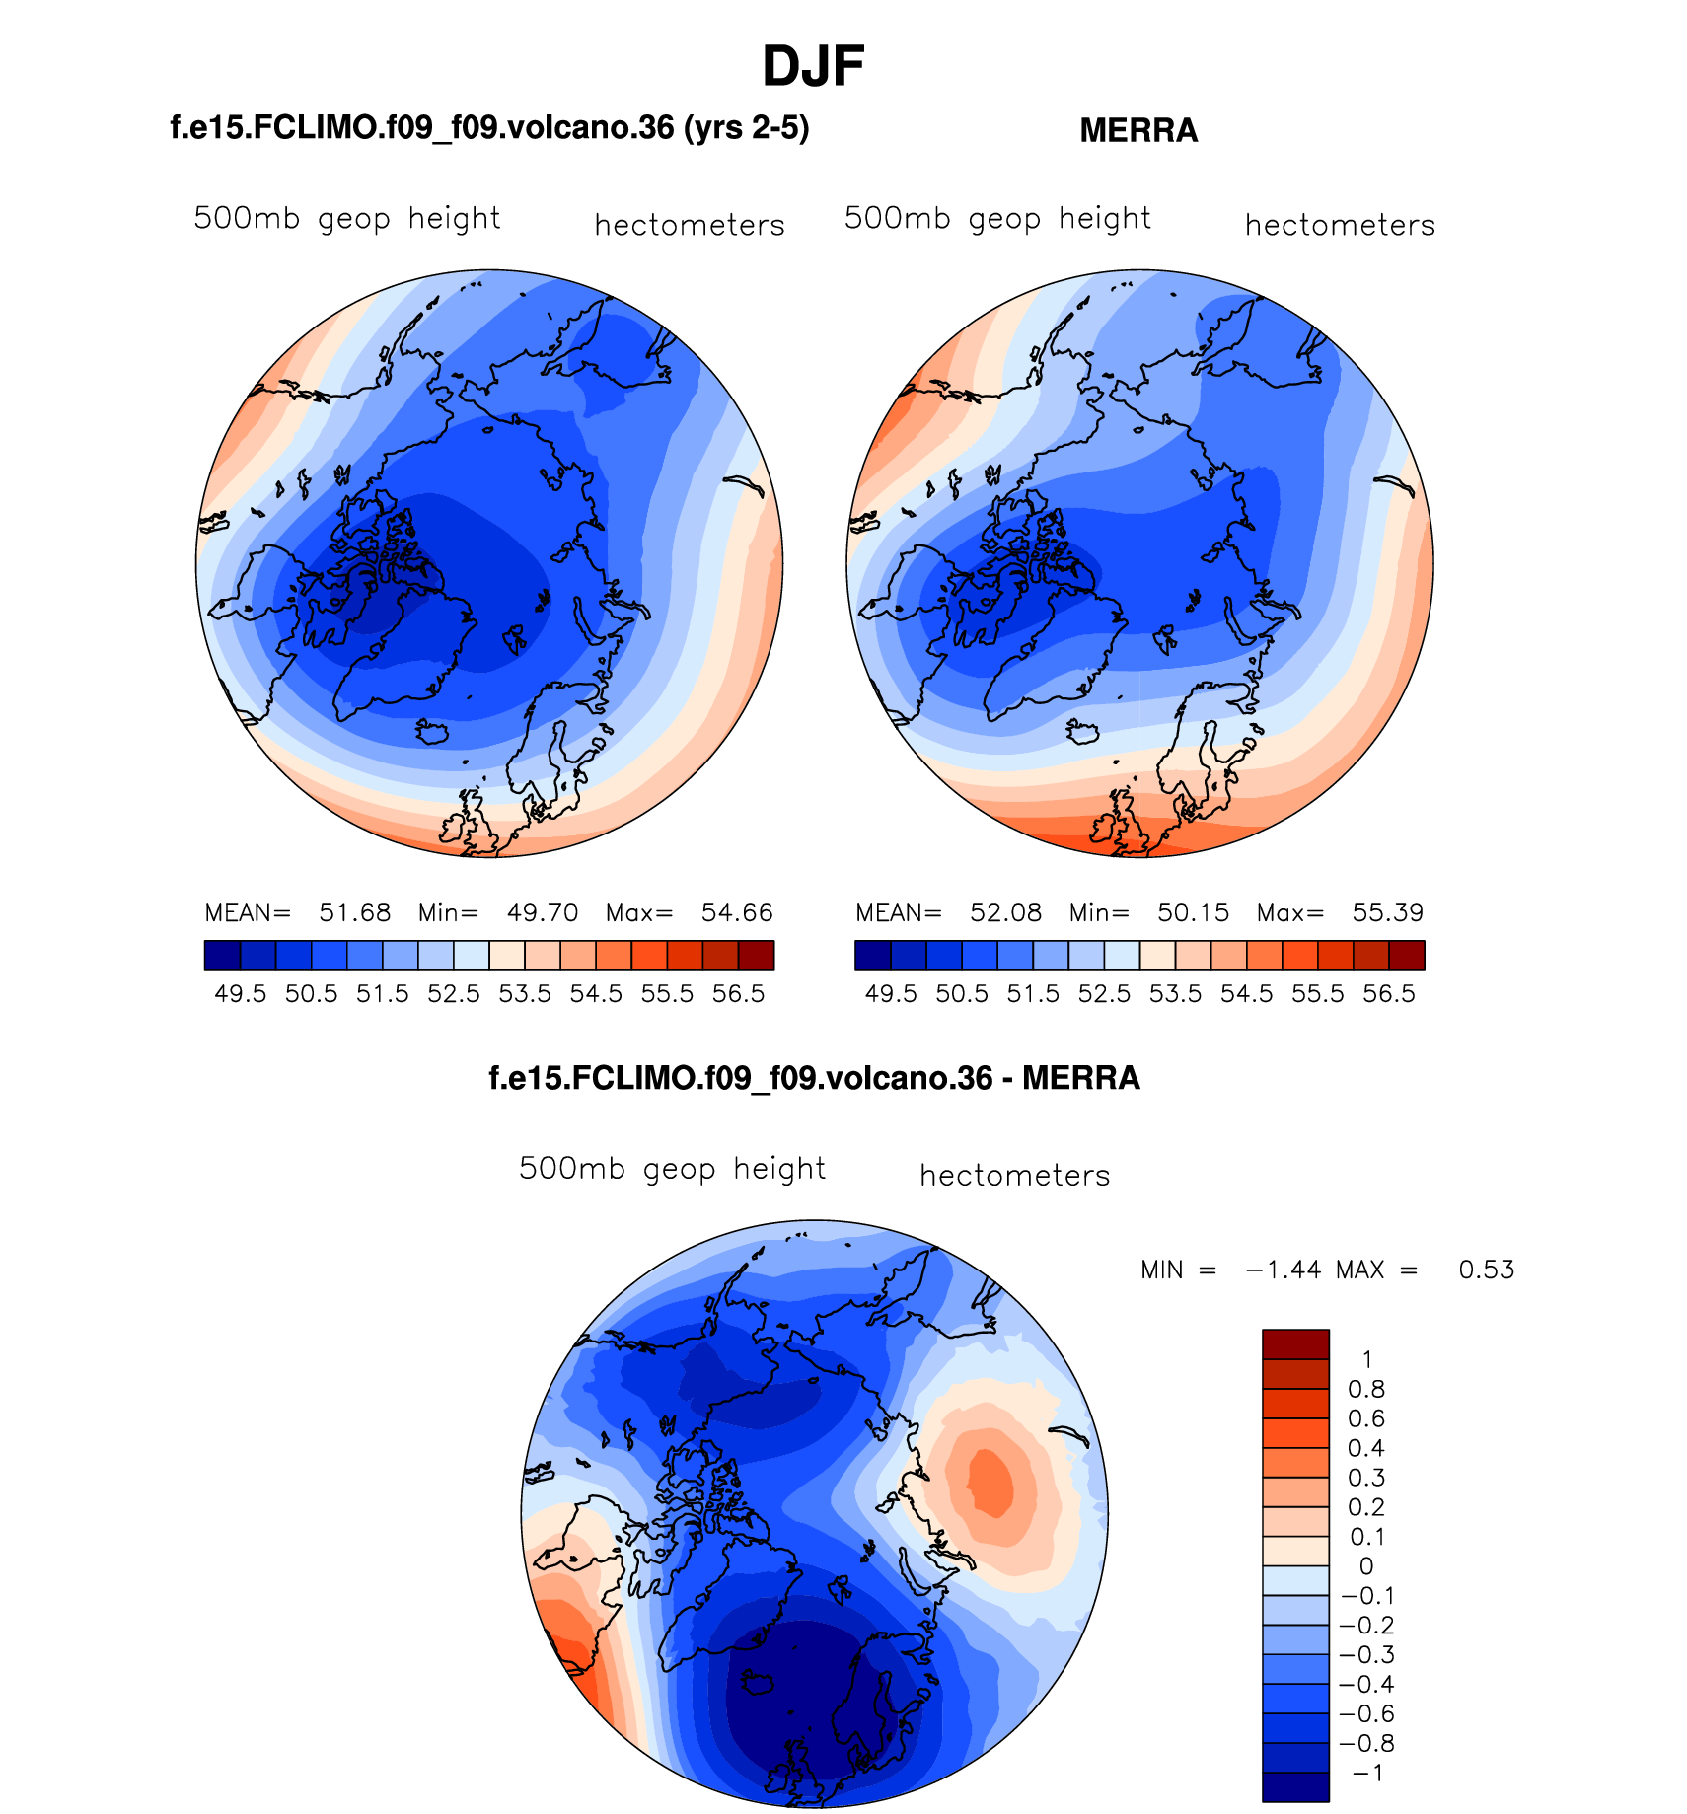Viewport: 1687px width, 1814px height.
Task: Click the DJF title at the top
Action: (x=813, y=67)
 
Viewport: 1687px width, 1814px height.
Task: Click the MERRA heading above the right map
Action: (x=1138, y=131)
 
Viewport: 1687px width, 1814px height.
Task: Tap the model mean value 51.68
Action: (x=355, y=912)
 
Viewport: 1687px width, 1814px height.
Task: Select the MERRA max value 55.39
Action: (x=1388, y=912)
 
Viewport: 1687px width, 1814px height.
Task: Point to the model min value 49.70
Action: (x=543, y=912)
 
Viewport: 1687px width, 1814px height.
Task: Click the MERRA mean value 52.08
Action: (x=1005, y=912)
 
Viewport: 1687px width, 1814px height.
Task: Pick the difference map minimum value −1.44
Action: (x=1284, y=1270)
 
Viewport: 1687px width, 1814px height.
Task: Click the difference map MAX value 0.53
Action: (x=1487, y=1270)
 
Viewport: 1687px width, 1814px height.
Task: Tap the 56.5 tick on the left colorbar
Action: (x=738, y=994)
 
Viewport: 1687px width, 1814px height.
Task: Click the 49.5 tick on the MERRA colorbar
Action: (x=891, y=994)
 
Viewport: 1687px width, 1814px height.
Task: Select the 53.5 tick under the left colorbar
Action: (x=525, y=994)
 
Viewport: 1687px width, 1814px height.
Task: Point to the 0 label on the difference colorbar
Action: (x=1366, y=1566)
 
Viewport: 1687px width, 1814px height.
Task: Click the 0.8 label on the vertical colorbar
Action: (x=1366, y=1390)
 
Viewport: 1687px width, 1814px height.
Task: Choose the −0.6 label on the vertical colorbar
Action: (x=1366, y=1714)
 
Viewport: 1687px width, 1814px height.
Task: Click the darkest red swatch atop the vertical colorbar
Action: (x=1295, y=1343)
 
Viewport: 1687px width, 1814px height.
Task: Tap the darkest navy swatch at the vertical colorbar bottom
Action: (x=1295, y=1786)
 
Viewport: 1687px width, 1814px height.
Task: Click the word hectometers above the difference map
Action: (x=1015, y=1176)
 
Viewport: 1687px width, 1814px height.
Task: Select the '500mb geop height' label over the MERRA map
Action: (x=997, y=218)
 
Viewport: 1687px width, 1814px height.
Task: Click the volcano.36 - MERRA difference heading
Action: (x=814, y=1078)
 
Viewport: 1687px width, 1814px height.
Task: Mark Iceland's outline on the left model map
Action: (x=433, y=732)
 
